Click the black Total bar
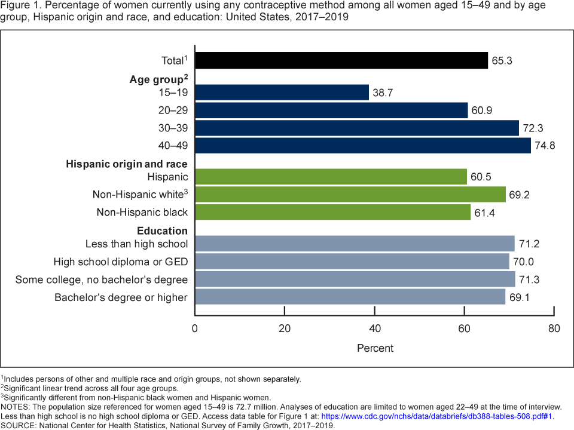point(341,60)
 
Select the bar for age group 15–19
point(282,93)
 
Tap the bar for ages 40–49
point(362,146)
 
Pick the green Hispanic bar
point(331,177)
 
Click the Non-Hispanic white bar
point(350,195)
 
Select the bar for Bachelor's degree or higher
point(350,297)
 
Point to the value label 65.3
point(502,61)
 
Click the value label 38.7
point(383,93)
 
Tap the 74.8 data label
point(545,146)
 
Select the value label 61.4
point(485,213)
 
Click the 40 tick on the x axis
point(375,328)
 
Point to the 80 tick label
point(554,328)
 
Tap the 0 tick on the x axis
point(195,328)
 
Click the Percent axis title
point(375,348)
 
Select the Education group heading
point(163,231)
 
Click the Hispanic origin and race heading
point(127,164)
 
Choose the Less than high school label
point(137,244)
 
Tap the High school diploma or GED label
point(121,262)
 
